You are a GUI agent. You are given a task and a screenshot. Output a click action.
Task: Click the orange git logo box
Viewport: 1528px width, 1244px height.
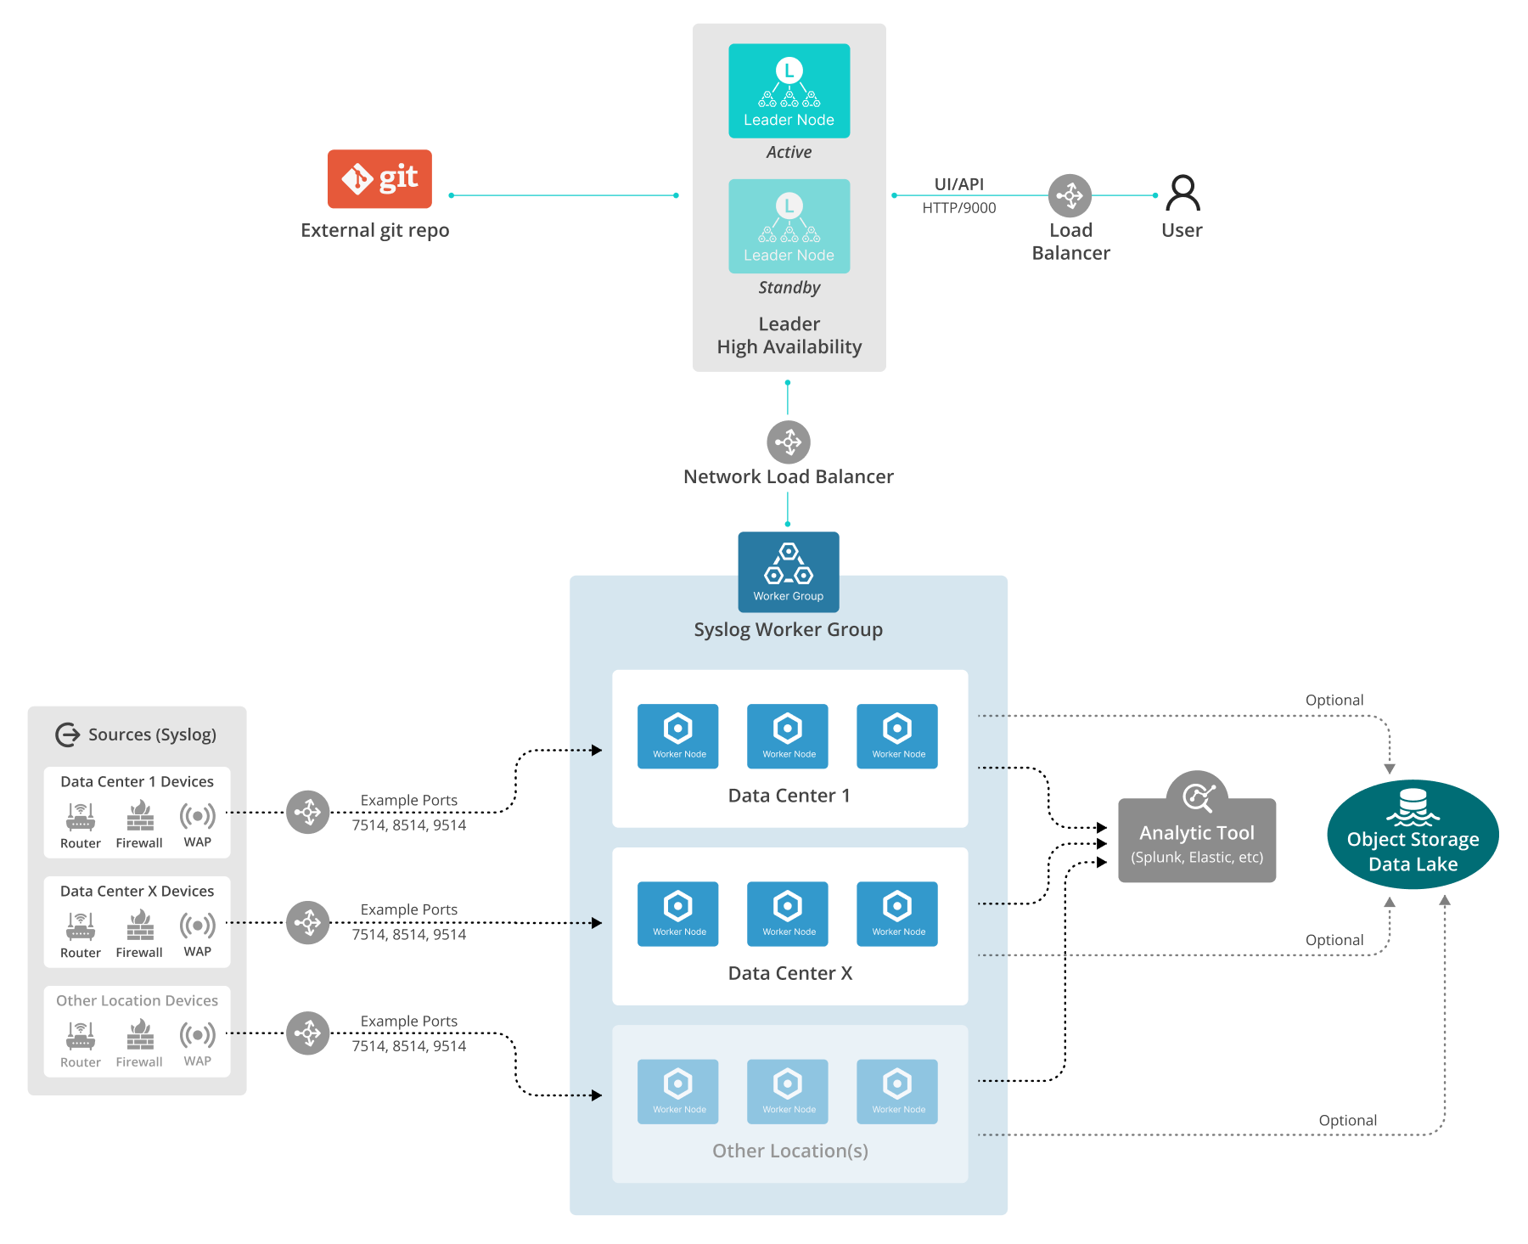point(379,178)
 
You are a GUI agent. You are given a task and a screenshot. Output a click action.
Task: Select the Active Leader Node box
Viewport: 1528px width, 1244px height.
point(789,91)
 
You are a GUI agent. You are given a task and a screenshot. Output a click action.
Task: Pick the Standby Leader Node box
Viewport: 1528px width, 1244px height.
point(789,226)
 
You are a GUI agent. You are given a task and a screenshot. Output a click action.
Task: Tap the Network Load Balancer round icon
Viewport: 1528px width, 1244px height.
point(789,442)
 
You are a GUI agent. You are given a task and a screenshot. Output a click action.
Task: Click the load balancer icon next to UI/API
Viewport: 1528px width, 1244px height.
point(1070,195)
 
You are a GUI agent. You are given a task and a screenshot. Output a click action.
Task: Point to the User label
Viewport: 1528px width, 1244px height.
point(1181,230)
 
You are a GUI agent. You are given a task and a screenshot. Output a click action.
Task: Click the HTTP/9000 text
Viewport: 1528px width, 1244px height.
point(959,208)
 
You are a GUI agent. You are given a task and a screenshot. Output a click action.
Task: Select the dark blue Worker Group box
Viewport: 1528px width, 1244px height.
point(789,571)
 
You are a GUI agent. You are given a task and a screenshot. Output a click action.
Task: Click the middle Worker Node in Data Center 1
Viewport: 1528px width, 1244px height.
point(788,735)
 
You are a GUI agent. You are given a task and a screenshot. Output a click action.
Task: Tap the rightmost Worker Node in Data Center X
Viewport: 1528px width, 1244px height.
point(897,913)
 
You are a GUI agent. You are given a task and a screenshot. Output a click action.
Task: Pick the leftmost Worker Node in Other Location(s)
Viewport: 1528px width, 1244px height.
point(677,1091)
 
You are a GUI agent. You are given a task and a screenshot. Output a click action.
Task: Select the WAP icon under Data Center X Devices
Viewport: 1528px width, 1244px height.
point(198,925)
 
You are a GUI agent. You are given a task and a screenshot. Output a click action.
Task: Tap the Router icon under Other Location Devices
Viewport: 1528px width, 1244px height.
point(81,1035)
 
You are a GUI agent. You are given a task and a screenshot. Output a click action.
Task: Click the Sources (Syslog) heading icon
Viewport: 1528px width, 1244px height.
point(68,735)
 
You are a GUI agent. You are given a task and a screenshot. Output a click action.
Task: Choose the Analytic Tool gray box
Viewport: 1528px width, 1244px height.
point(1197,840)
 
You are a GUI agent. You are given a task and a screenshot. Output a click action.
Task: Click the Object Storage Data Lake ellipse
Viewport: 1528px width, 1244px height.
point(1413,835)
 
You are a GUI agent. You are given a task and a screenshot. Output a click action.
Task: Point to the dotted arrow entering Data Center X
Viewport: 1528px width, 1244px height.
point(586,922)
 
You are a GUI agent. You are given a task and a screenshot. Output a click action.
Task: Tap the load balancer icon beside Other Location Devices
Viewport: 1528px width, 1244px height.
point(307,1033)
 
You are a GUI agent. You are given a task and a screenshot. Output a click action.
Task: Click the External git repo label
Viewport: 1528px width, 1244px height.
point(375,230)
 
